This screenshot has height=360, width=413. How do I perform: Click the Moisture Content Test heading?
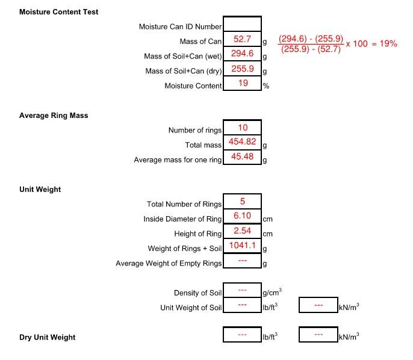[x=59, y=12]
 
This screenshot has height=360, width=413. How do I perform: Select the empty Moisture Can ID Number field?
[x=242, y=25]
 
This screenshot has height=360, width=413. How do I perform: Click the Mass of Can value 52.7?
[x=242, y=40]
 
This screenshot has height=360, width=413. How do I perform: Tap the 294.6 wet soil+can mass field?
[x=242, y=54]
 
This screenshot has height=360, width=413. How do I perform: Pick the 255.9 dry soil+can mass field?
[x=242, y=69]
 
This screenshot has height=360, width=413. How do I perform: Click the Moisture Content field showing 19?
[x=242, y=84]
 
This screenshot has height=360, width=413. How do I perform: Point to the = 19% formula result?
[x=384, y=44]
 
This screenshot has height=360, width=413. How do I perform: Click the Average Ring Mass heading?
[x=54, y=116]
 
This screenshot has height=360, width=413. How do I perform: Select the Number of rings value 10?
[x=242, y=128]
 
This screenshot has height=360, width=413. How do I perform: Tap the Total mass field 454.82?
[x=242, y=143]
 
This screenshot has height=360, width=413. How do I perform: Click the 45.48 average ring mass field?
[x=242, y=158]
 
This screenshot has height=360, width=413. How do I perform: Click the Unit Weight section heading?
[x=40, y=190]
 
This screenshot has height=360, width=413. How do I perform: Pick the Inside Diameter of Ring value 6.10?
[x=242, y=217]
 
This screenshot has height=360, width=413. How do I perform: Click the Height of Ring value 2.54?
[x=242, y=232]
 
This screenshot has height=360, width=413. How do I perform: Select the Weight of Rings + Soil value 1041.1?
[x=242, y=246]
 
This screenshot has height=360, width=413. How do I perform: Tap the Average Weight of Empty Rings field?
[x=242, y=261]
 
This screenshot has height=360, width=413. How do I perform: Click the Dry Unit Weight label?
[x=48, y=337]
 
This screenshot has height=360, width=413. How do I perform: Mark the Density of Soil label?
[x=197, y=293]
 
